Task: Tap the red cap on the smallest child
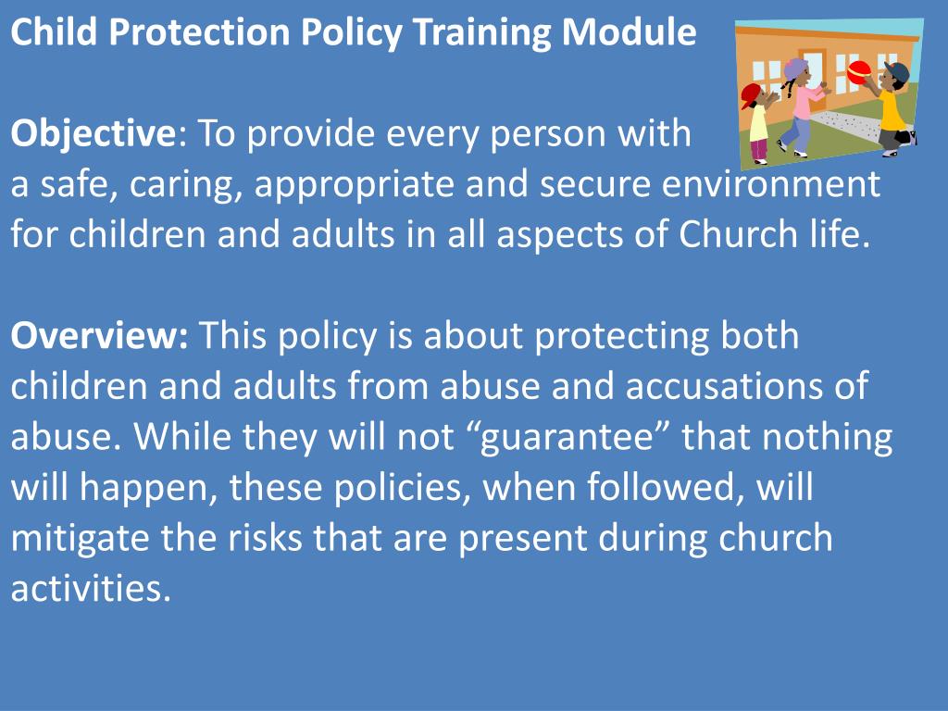(x=752, y=92)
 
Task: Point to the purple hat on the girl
(x=795, y=68)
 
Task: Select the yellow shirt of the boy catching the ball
(x=892, y=110)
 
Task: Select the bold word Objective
(x=93, y=135)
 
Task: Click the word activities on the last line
(x=91, y=589)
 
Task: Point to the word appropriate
(x=355, y=185)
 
